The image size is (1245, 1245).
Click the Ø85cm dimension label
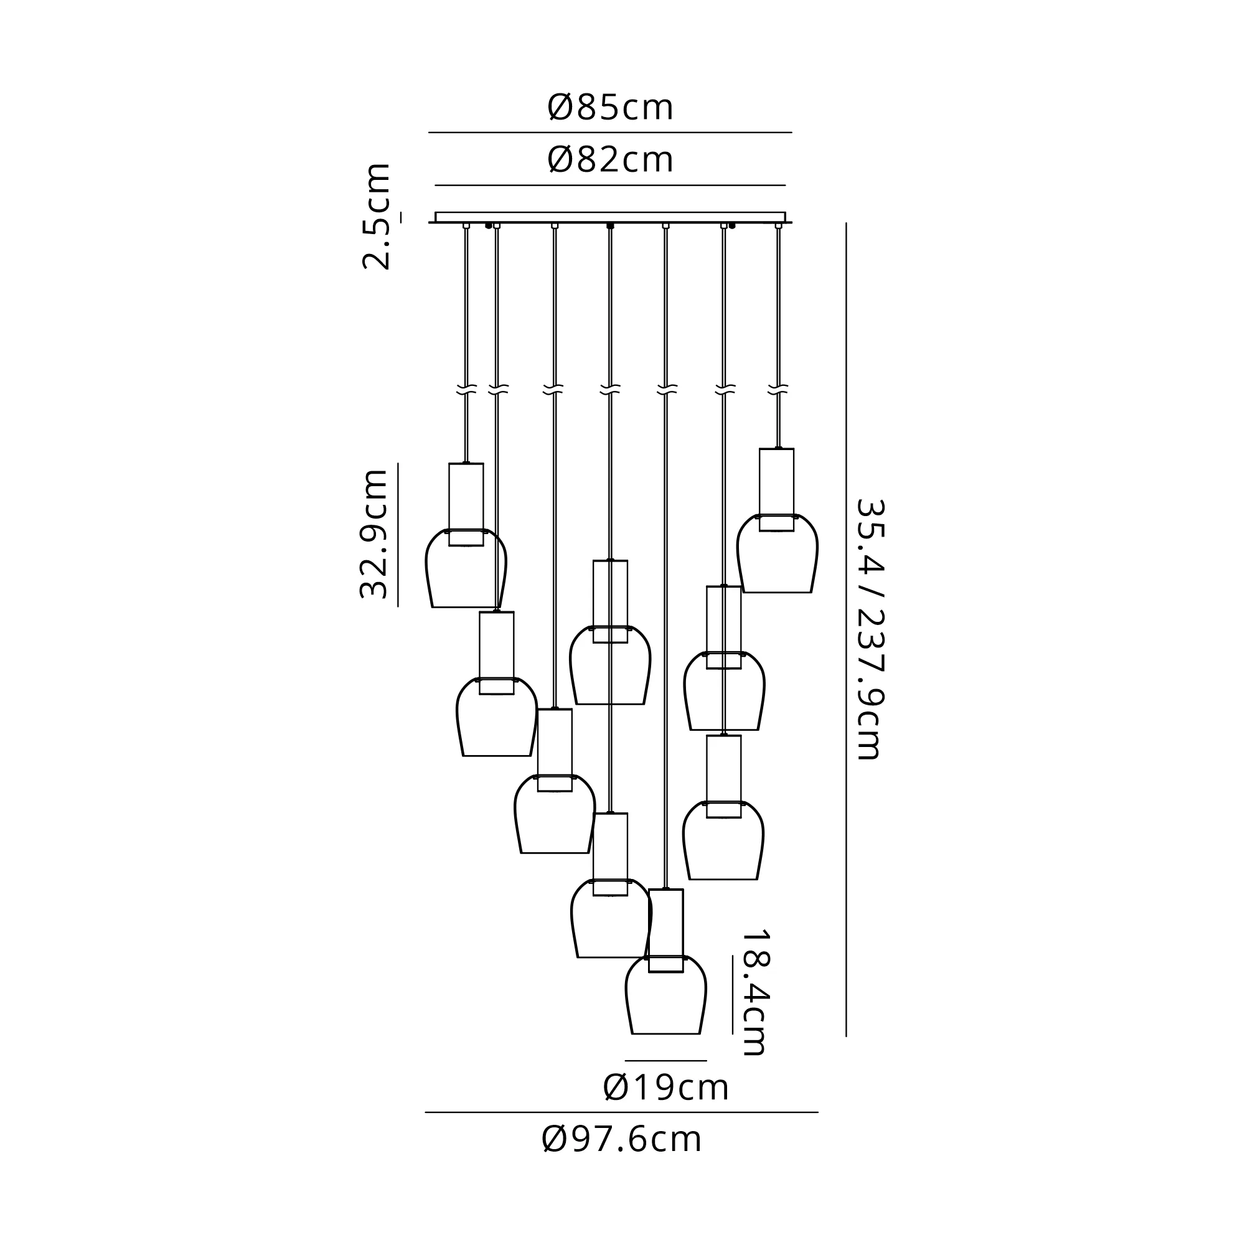(x=610, y=108)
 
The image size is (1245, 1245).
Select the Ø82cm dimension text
(x=610, y=160)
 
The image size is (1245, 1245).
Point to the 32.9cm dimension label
(x=374, y=533)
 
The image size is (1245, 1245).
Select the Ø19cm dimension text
(x=665, y=1088)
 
